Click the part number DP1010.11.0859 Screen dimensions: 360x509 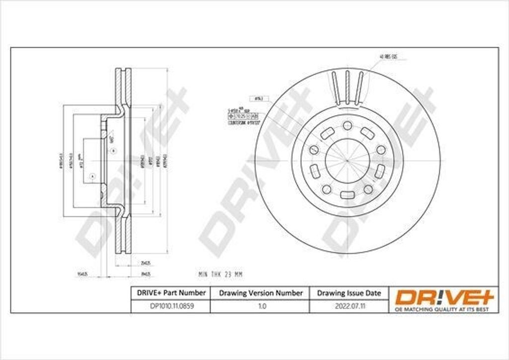click(x=170, y=307)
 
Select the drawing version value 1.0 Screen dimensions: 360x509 click(x=261, y=307)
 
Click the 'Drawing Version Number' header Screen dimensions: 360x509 click(x=261, y=293)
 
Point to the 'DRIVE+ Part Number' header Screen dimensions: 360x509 click(x=170, y=293)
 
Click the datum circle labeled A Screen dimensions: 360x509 click(x=92, y=177)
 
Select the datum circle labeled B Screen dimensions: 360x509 click(x=113, y=151)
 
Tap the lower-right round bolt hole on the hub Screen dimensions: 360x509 click(x=368, y=189)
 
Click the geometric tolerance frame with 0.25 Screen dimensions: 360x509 click(x=240, y=115)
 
